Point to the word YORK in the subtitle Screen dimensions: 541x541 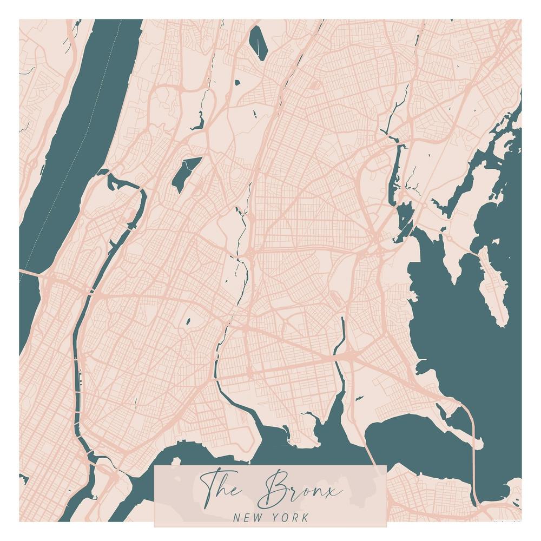pyautogui.click(x=290, y=517)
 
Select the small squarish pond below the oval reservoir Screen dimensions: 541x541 pyautogui.click(x=237, y=82)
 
